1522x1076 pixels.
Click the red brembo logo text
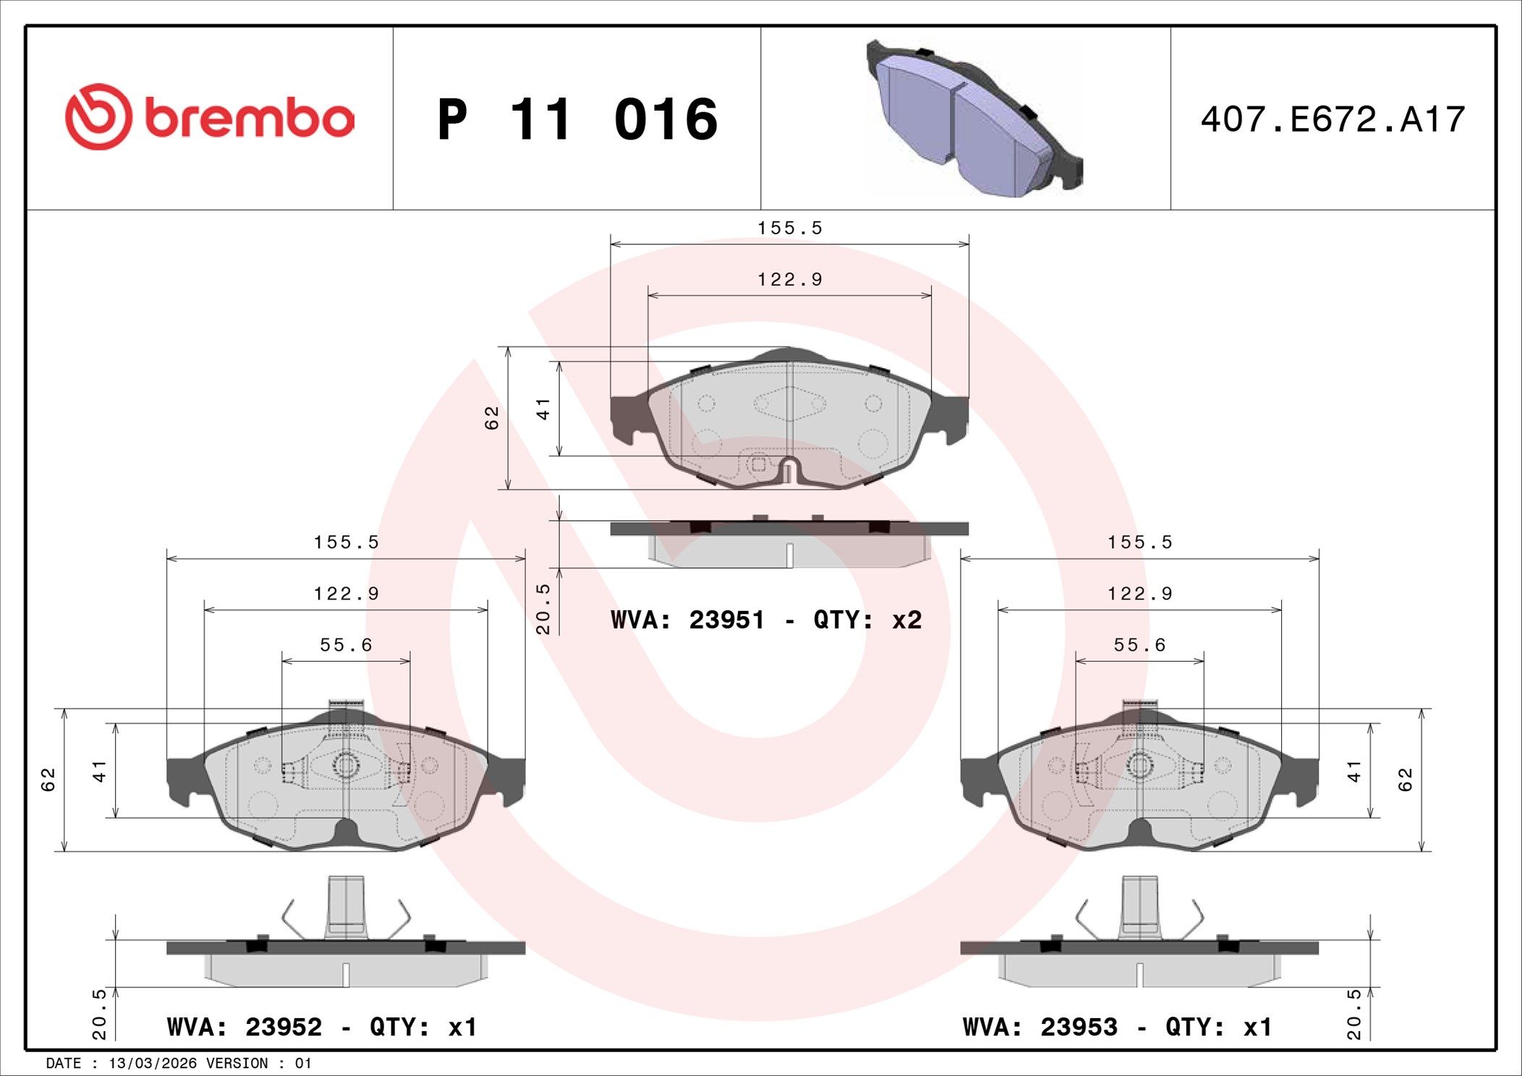[x=250, y=119]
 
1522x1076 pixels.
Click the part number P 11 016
[x=577, y=119]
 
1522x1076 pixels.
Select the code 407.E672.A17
[x=1332, y=119]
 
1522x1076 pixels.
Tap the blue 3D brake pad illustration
[x=974, y=118]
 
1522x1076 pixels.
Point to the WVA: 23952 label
[x=244, y=1027]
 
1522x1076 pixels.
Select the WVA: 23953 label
[x=1040, y=1027]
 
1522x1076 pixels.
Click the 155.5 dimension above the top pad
[x=789, y=228]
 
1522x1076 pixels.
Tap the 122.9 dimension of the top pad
[x=789, y=279]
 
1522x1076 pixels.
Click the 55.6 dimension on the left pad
[x=346, y=644]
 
